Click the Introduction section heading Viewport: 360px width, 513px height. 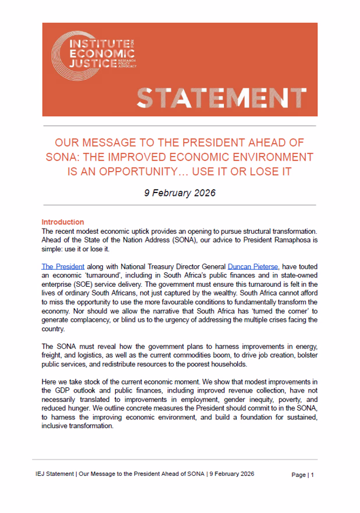coord(63,222)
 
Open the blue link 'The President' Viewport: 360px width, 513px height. coord(62,266)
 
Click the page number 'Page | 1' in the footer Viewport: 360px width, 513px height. coord(303,475)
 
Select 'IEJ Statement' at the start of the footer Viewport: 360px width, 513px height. coord(61,475)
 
